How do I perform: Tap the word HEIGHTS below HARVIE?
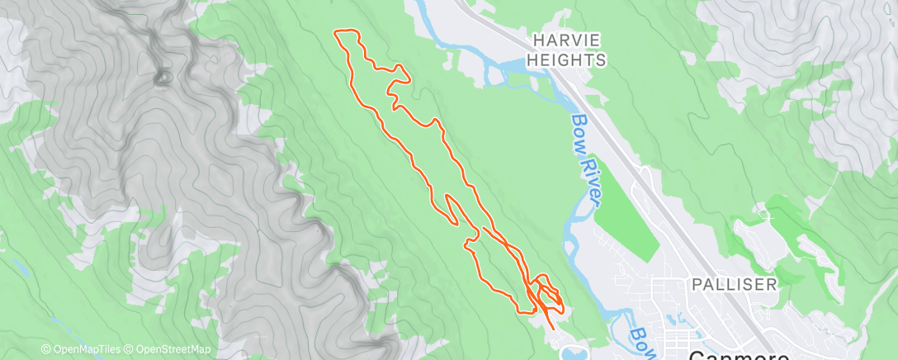[x=570, y=59]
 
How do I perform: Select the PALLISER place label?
[x=735, y=284]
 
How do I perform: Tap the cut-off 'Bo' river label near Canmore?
[x=638, y=337]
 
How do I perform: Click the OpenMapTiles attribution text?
[x=85, y=349]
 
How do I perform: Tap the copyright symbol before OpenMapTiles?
[x=45, y=349]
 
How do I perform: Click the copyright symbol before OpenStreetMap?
[x=130, y=349]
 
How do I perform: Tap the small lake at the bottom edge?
[x=570, y=353]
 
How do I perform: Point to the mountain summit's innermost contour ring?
[x=162, y=77]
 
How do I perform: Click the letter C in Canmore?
[x=697, y=353]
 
